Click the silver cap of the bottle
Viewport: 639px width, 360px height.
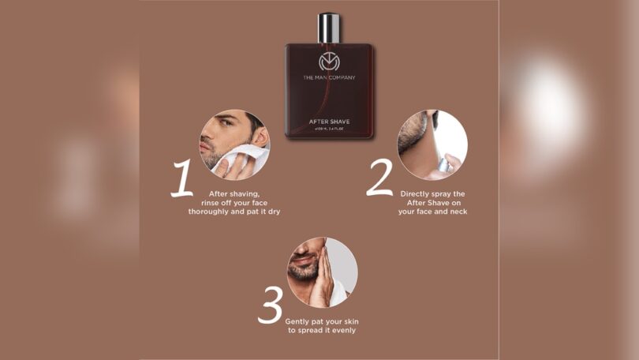click(x=329, y=28)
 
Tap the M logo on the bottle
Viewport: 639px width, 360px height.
click(x=329, y=62)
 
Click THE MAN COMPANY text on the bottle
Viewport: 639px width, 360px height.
click(x=329, y=77)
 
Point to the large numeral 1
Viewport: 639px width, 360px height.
click(x=182, y=180)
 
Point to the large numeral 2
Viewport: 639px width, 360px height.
click(x=379, y=180)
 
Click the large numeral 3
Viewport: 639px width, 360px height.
click(x=270, y=306)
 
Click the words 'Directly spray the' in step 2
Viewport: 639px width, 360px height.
click(x=432, y=193)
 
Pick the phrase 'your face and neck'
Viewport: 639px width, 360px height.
click(x=432, y=212)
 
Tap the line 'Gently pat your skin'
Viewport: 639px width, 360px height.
click(x=322, y=321)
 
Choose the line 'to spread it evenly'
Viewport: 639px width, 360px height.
click(x=322, y=331)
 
